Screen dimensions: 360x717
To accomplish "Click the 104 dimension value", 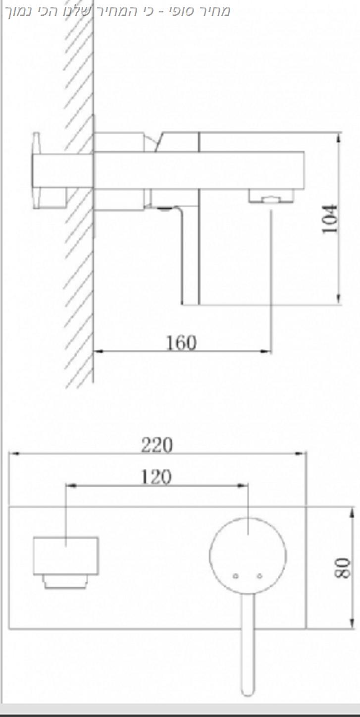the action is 330,219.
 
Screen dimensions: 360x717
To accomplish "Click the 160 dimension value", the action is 181,343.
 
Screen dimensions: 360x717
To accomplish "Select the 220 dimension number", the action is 157,445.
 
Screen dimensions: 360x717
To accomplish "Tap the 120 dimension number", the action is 156,477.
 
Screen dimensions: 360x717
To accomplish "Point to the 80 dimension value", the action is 343,568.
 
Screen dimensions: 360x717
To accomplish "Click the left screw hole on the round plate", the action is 236,576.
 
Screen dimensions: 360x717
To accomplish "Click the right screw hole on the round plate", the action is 259,576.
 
